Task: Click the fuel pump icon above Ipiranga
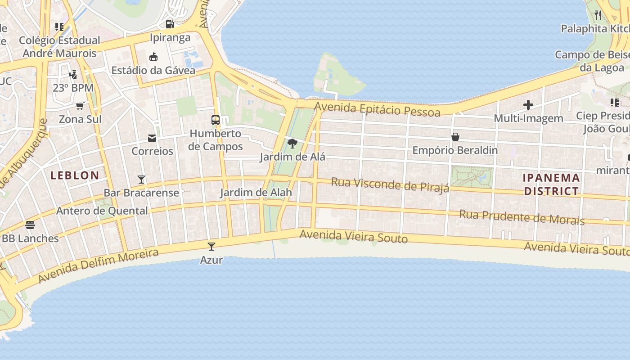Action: tap(170, 24)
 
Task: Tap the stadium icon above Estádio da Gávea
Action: tap(153, 57)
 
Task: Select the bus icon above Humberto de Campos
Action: tap(216, 120)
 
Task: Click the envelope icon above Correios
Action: tap(152, 138)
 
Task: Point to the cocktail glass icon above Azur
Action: tap(211, 247)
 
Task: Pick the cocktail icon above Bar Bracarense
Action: tap(141, 180)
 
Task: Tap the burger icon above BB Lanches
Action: tap(30, 225)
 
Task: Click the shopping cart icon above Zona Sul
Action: tap(80, 106)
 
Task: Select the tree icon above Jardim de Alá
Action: tap(292, 144)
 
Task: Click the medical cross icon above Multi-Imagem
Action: tap(528, 105)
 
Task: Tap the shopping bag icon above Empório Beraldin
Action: tap(455, 137)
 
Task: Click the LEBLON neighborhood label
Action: tap(75, 175)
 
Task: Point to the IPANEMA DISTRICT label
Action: tap(551, 184)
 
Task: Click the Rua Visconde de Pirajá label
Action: tap(390, 184)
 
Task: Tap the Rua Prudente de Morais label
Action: tap(522, 217)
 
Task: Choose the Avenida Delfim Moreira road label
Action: tap(99, 266)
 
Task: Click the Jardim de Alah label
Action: tap(256, 193)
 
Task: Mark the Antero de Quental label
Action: tap(102, 211)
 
